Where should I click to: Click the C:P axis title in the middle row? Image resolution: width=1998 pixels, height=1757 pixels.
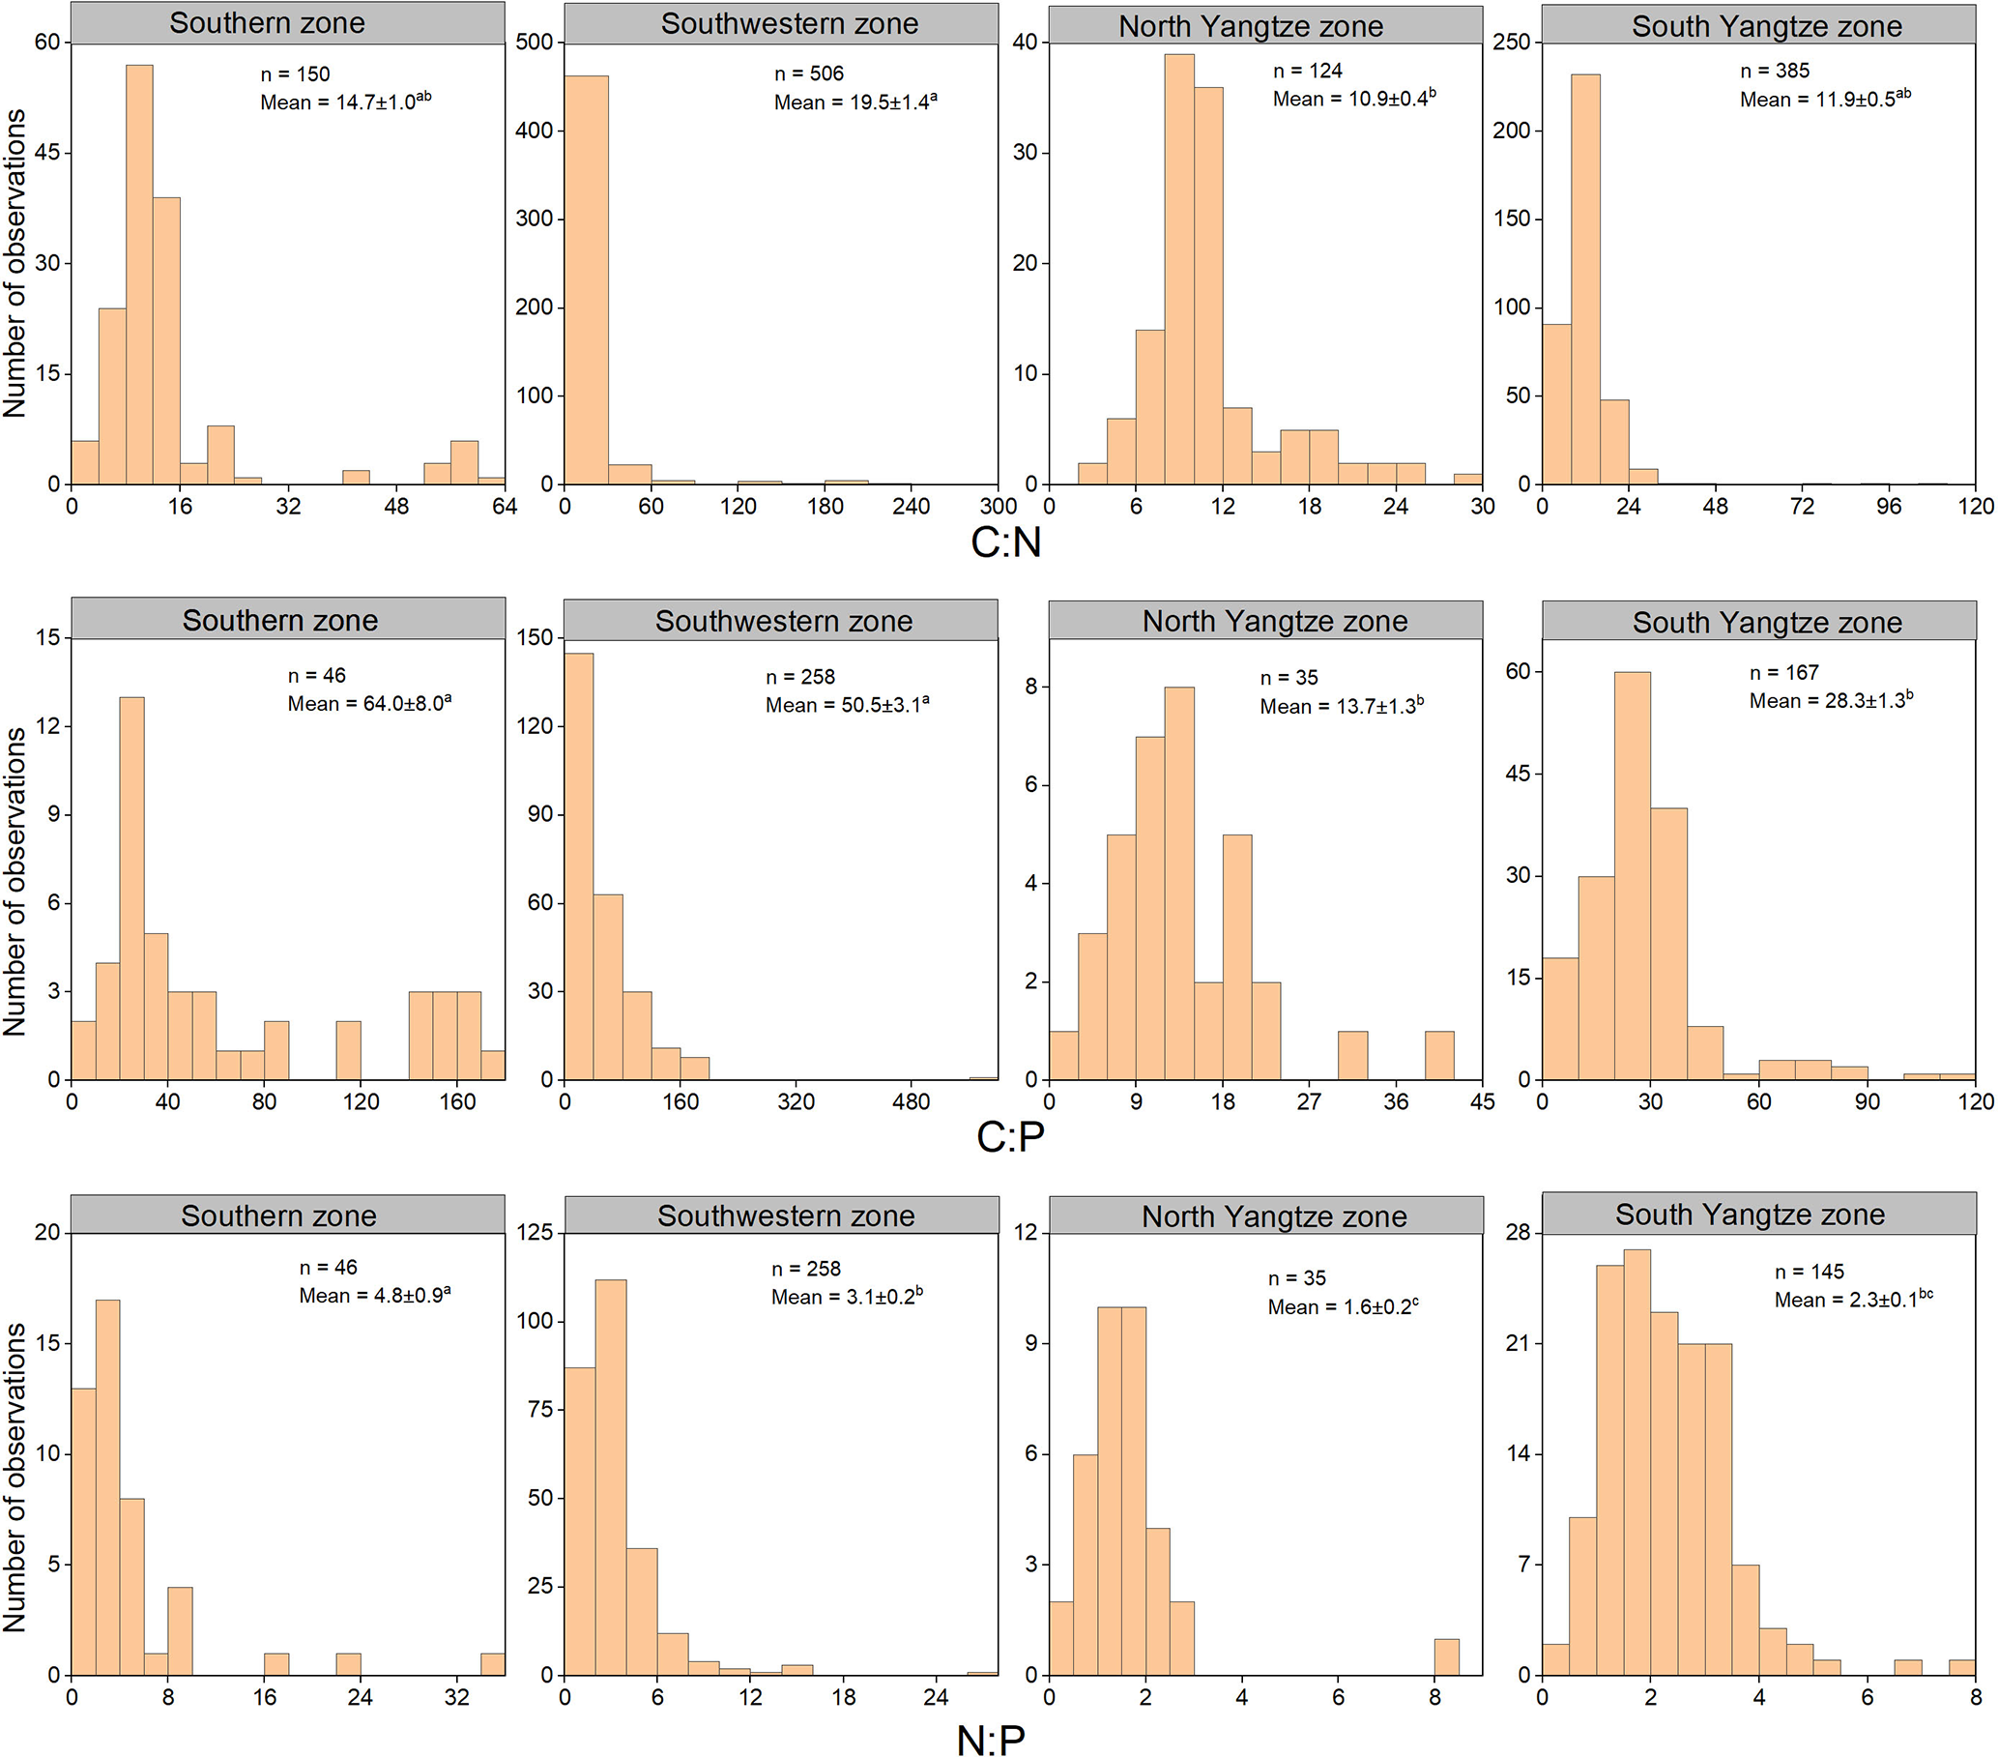(1011, 1136)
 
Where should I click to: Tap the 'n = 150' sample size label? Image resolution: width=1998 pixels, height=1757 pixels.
(295, 74)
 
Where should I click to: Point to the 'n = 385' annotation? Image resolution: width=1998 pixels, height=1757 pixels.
(1774, 71)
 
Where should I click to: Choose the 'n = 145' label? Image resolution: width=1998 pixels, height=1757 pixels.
(1810, 1271)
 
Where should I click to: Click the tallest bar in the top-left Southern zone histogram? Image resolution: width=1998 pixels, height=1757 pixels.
(139, 274)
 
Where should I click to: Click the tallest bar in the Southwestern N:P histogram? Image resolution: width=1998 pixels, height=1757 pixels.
(610, 1477)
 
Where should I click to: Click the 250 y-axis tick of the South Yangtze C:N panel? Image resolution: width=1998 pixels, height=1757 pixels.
(1510, 42)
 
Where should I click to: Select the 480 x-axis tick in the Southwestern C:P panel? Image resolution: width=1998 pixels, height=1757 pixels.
(911, 1102)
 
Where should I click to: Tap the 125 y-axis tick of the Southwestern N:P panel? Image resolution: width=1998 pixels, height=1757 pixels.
(534, 1232)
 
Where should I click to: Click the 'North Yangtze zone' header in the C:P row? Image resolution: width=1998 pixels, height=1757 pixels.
(1275, 621)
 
